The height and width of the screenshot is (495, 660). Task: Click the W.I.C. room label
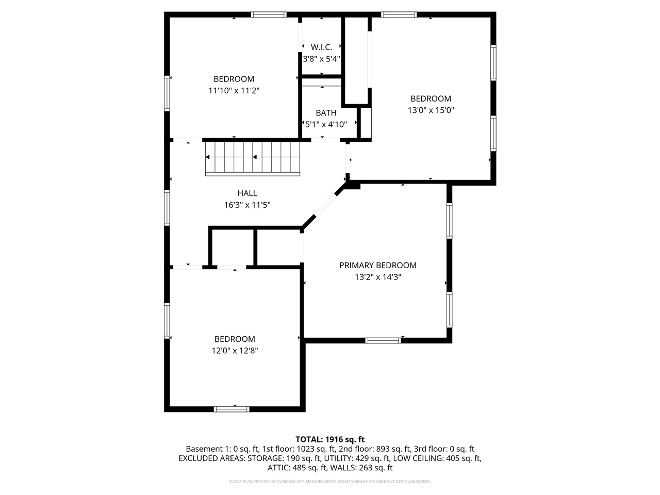coord(321,47)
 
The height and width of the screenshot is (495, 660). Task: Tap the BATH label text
coord(326,113)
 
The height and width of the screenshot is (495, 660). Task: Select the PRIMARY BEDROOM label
coord(377,266)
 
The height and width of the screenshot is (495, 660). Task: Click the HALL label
coord(247,193)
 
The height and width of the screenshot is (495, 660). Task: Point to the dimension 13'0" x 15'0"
coord(431,110)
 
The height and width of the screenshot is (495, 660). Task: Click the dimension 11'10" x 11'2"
coord(234,90)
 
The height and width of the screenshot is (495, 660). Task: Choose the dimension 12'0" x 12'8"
coord(235,350)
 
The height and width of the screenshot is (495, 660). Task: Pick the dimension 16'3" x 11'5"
coord(247,205)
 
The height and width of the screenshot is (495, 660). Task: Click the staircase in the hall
coord(253,158)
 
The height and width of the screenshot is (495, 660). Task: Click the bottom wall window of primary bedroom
coord(383,340)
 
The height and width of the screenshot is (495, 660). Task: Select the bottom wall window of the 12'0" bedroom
coord(232,409)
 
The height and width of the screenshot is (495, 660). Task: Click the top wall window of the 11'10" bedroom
coord(269,14)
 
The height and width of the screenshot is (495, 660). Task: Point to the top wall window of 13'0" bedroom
coord(399,14)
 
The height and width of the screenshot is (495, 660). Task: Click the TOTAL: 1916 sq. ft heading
coord(329,439)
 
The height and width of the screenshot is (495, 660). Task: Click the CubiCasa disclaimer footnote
coord(329,482)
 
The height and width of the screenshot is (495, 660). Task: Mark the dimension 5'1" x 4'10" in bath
coord(326,124)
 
